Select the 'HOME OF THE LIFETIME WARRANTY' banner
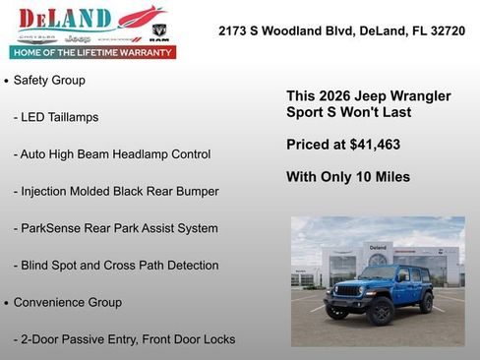(x=92, y=52)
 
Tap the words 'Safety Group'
(x=49, y=80)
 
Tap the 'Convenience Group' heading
(x=68, y=302)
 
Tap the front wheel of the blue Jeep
(x=380, y=313)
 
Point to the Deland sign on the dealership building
(x=378, y=247)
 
